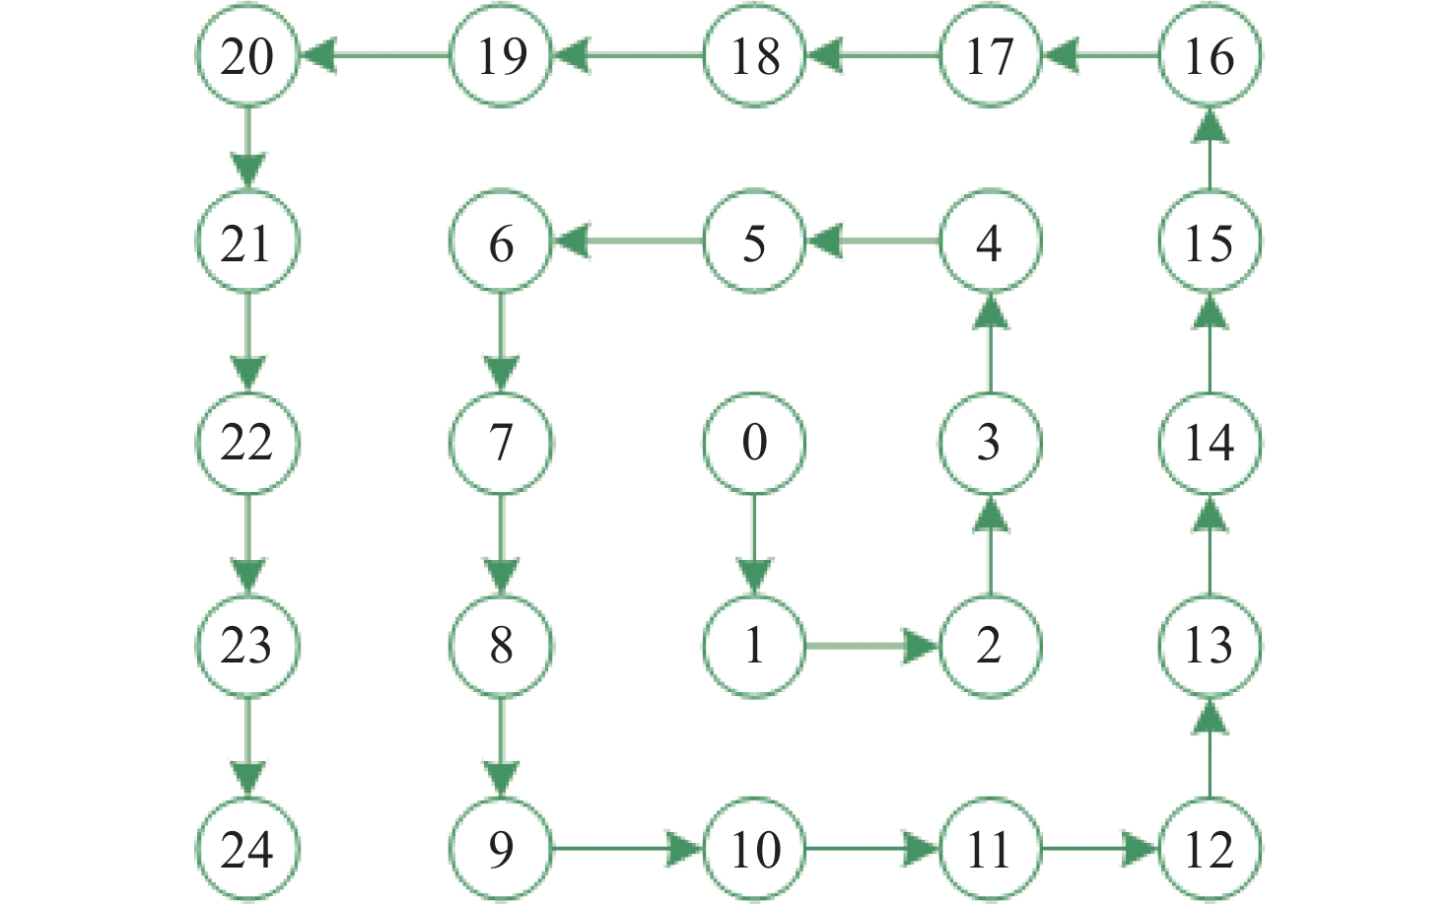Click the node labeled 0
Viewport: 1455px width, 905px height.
coord(754,442)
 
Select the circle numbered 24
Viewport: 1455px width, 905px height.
coord(246,849)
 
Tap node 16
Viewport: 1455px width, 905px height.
coord(1209,55)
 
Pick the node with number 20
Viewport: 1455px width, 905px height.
coord(246,55)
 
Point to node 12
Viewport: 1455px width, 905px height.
coord(1209,849)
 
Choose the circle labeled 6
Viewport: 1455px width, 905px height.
coord(501,243)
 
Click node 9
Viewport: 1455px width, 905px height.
coord(501,849)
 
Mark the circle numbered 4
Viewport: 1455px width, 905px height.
coord(989,243)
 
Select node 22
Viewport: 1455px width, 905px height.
coord(246,442)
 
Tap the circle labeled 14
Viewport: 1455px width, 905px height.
coord(1209,442)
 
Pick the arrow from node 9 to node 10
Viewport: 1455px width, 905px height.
coord(628,848)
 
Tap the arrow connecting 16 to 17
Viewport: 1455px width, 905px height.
coord(1099,55)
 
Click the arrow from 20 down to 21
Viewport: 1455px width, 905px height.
coord(246,148)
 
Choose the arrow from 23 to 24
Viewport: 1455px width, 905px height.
coord(246,747)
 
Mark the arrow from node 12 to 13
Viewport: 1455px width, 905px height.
coord(1209,747)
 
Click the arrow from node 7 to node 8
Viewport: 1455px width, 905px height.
coord(501,544)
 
